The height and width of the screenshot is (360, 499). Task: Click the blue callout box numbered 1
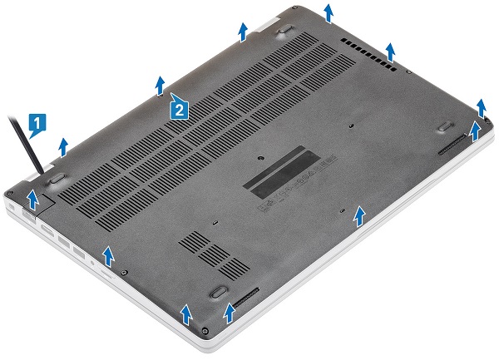37,124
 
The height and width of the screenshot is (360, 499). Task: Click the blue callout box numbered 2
179,109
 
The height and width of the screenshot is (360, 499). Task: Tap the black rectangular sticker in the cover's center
281,170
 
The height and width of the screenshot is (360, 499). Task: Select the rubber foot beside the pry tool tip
57,178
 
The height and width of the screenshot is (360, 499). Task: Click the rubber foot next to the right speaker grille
445,126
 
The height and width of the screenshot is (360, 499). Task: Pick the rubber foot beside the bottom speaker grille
218,292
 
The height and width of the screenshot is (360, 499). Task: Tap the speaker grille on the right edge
452,145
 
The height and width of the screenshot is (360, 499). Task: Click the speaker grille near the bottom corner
246,298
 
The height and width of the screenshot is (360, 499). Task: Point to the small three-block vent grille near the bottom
214,255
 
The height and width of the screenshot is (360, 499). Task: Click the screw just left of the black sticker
261,158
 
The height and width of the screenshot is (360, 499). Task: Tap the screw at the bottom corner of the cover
205,331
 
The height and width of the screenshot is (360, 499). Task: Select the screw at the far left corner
9,192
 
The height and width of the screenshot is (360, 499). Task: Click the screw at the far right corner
487,120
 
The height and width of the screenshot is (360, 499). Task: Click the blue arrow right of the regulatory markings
359,216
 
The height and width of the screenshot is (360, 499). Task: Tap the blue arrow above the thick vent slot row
390,52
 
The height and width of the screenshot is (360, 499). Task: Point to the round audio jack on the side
92,263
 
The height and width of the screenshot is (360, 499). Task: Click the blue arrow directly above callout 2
161,86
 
